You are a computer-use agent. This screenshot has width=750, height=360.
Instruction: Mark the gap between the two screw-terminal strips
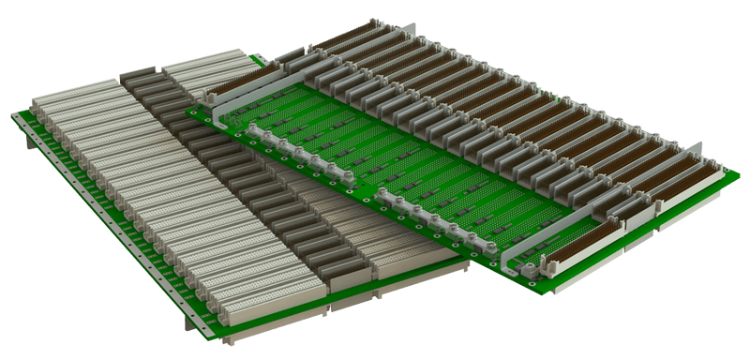point(365,185)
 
